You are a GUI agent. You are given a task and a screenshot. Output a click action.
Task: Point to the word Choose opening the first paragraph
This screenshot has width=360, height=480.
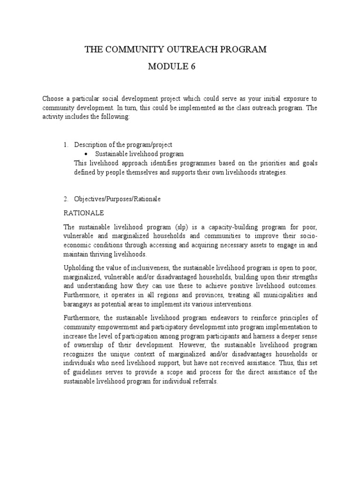click(x=53, y=98)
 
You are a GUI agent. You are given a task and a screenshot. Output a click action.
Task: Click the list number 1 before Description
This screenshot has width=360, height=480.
click(x=66, y=145)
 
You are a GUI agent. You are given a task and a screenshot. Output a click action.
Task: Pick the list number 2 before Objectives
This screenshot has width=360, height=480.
click(x=66, y=199)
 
